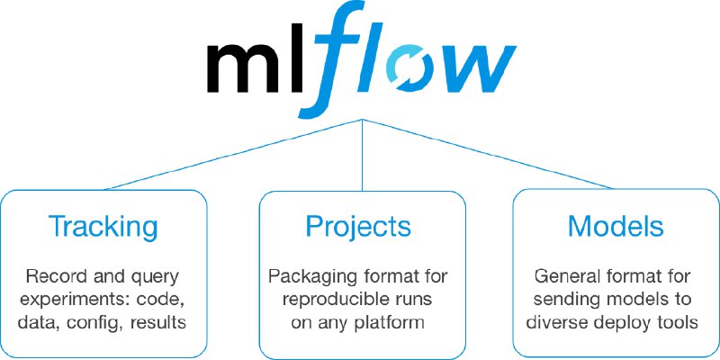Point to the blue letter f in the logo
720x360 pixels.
click(x=329, y=58)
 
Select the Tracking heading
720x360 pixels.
click(x=103, y=226)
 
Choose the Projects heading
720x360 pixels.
click(x=358, y=226)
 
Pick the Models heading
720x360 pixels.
click(x=616, y=226)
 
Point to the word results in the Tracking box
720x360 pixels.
click(x=158, y=322)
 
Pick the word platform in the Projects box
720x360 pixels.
click(x=390, y=323)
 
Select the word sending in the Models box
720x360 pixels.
click(x=567, y=301)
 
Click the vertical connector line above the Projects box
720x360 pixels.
click(x=363, y=155)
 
